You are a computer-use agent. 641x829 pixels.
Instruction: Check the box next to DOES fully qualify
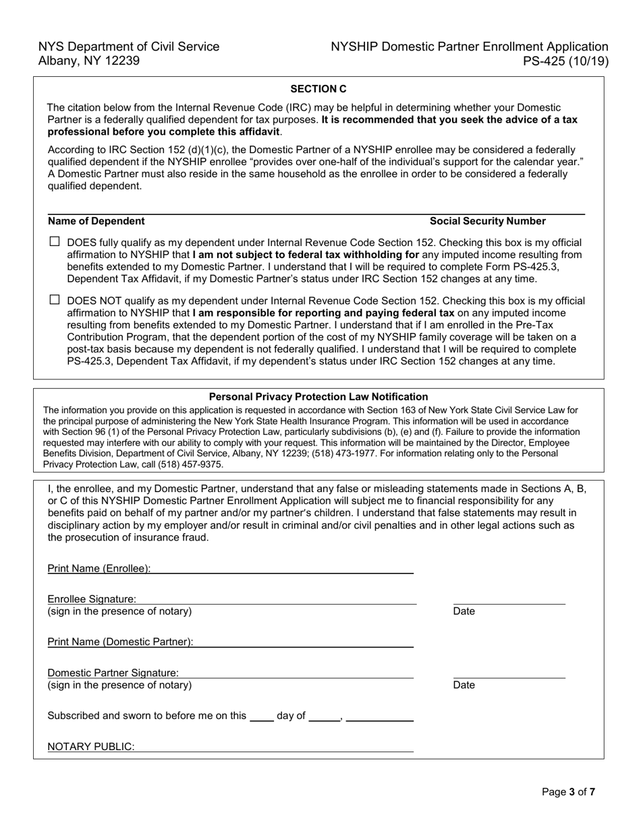55,241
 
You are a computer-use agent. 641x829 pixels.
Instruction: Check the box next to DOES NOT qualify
55,299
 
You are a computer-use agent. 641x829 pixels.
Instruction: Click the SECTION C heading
318,88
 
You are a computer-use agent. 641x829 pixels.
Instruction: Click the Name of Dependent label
96,221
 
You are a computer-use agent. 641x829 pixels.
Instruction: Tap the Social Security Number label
487,221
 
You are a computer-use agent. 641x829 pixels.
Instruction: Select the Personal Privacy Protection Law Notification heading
318,397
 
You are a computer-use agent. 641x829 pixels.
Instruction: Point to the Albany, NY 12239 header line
89,61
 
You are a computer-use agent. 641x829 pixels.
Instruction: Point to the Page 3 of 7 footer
568,792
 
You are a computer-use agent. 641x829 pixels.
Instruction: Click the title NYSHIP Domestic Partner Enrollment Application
469,47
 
